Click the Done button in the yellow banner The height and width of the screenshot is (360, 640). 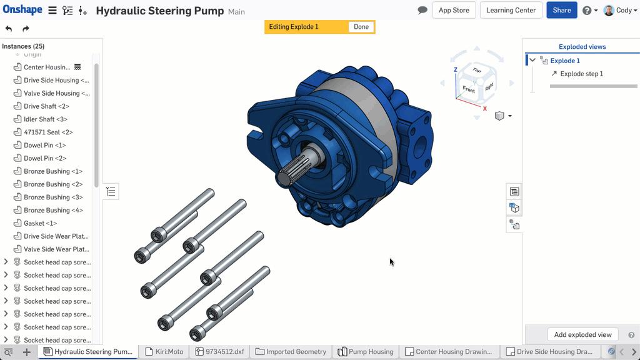[x=361, y=27]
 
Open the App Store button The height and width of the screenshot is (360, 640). [x=454, y=10]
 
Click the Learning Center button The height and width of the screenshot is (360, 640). [x=511, y=10]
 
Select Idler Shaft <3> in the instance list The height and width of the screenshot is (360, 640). [x=45, y=119]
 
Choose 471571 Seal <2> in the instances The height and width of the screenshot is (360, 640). [x=48, y=132]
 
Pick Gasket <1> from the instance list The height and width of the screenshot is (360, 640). [x=40, y=223]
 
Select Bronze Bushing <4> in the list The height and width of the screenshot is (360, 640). [x=52, y=210]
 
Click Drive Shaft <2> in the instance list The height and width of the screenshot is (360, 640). [x=46, y=106]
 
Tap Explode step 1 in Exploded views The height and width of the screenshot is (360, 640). [x=581, y=74]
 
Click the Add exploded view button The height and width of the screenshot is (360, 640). [x=582, y=334]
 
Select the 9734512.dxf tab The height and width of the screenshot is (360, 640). [x=219, y=352]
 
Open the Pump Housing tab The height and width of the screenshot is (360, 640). [x=366, y=352]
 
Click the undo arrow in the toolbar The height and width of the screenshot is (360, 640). [x=9, y=29]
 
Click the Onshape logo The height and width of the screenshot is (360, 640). [x=22, y=10]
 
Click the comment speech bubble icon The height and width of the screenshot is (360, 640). [x=422, y=10]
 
